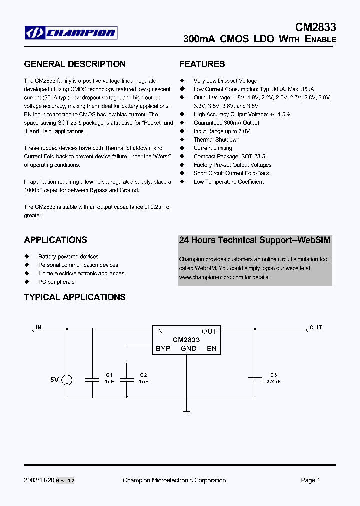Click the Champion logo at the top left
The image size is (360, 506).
71,33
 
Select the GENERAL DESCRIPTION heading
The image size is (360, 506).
75,64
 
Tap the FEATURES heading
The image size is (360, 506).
202,64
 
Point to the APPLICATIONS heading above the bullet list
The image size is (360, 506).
55,240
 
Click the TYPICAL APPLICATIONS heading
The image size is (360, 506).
75,297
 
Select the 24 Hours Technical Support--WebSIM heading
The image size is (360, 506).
255,240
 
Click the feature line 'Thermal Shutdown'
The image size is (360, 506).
216,140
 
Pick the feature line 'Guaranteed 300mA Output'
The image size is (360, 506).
226,123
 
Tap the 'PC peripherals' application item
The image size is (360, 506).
56,282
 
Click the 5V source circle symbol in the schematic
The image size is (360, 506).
66,380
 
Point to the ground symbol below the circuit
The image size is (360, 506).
186,412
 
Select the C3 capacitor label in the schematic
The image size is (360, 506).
273,375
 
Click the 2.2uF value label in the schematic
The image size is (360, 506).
273,381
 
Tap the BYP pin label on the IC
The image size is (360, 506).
163,348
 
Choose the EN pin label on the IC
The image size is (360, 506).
212,348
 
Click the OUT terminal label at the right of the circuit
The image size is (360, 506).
316,328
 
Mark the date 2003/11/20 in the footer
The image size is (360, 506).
38,480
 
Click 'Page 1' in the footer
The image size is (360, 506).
310,480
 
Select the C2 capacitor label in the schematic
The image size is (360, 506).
143,375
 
